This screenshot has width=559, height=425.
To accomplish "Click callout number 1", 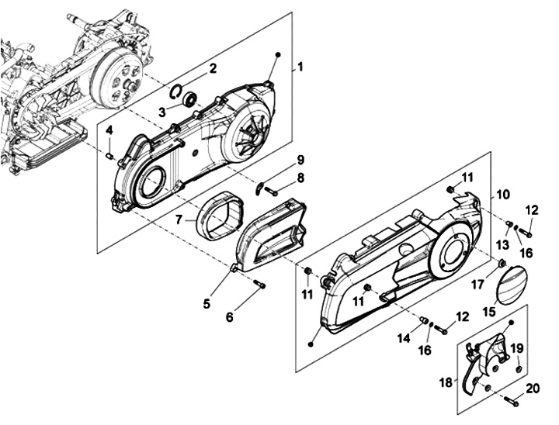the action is point(300,67).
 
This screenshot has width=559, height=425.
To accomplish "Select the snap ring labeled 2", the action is point(175,92).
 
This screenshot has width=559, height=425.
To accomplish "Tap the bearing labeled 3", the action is point(189,98).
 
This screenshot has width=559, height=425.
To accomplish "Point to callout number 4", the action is point(109,130).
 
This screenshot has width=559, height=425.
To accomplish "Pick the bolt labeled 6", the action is point(260,285).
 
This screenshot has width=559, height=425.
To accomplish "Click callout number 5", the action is point(207,303).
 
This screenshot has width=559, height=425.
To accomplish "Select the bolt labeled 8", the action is point(272,192).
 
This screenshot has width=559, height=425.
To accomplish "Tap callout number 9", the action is point(300,160).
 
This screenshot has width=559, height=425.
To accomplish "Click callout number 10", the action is point(502,195).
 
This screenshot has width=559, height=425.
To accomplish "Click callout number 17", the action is point(477,284).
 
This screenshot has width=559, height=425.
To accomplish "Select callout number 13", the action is point(504,244).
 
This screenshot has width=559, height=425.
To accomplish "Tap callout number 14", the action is point(404,338).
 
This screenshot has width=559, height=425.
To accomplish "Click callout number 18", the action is point(446,382).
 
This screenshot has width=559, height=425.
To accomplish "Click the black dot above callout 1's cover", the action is point(279,54).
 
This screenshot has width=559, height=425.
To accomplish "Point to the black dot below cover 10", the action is point(311,344).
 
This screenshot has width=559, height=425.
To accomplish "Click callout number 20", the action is point(533,389).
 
